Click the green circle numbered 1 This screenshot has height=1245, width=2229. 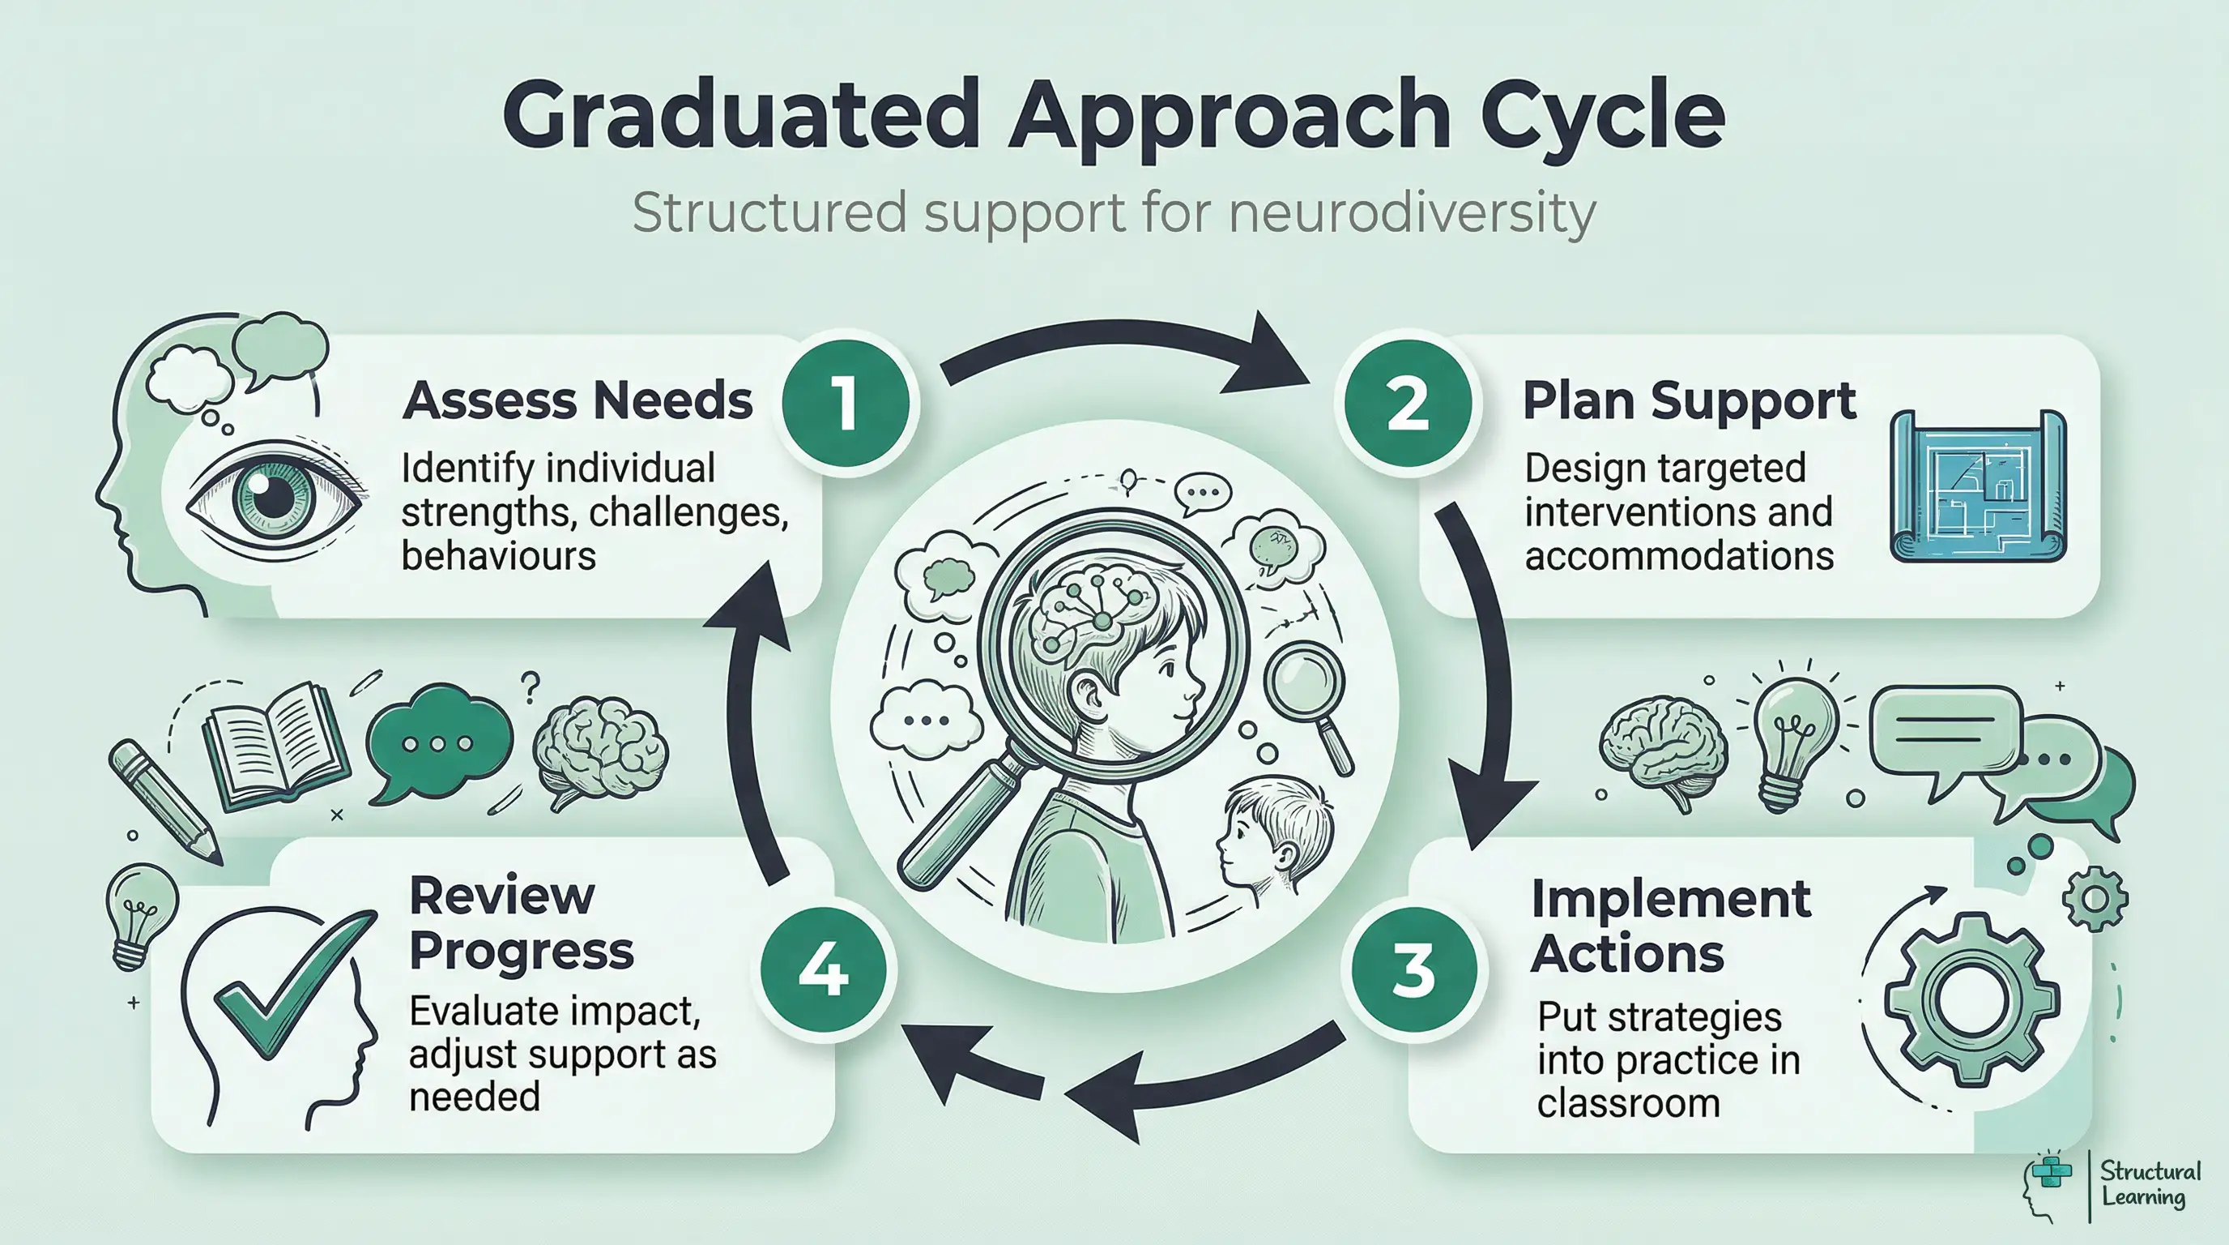(846, 403)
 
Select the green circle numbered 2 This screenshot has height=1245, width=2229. (1407, 404)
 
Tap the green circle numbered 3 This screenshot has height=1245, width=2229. (1414, 969)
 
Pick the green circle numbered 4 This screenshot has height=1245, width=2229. (823, 969)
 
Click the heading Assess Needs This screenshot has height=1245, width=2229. (577, 401)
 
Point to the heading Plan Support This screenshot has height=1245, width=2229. (1688, 401)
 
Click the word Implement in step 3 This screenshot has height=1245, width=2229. (1670, 899)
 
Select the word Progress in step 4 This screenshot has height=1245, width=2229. (521, 951)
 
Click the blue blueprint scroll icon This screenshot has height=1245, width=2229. (1978, 486)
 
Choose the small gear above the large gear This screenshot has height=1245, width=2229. (2095, 899)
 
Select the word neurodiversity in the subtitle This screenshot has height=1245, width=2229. (1411, 213)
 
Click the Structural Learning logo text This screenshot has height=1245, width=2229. (2150, 1184)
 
